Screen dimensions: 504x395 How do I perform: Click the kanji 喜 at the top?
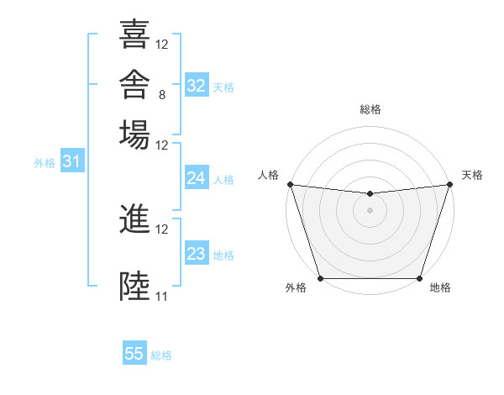click(x=134, y=34)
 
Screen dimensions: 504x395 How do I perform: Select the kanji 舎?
click(x=134, y=84)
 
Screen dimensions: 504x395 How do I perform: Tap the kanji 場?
click(x=134, y=134)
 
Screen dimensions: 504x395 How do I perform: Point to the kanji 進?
click(x=134, y=219)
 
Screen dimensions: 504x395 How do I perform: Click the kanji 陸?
click(x=134, y=286)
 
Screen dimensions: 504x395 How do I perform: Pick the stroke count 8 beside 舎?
click(x=162, y=95)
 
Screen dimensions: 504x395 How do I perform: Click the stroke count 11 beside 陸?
click(x=161, y=296)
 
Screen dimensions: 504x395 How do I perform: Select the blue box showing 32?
click(x=197, y=85)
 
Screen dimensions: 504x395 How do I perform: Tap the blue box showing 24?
click(x=197, y=177)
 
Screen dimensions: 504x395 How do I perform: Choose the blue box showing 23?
click(x=197, y=252)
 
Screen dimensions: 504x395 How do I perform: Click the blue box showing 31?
click(x=72, y=161)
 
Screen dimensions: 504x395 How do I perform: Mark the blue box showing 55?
click(x=134, y=352)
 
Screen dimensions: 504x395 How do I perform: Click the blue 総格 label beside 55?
click(x=161, y=355)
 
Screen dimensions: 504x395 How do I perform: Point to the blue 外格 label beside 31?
click(x=45, y=163)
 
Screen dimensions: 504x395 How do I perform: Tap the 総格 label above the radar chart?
click(x=370, y=109)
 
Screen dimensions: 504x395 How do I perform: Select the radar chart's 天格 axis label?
click(x=472, y=175)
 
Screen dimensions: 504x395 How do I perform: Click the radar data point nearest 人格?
click(x=291, y=184)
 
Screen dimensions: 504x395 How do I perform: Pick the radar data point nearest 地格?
click(x=419, y=278)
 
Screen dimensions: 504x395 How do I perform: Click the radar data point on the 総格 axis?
click(x=370, y=193)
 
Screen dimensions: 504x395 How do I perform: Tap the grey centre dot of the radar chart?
click(x=370, y=210)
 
